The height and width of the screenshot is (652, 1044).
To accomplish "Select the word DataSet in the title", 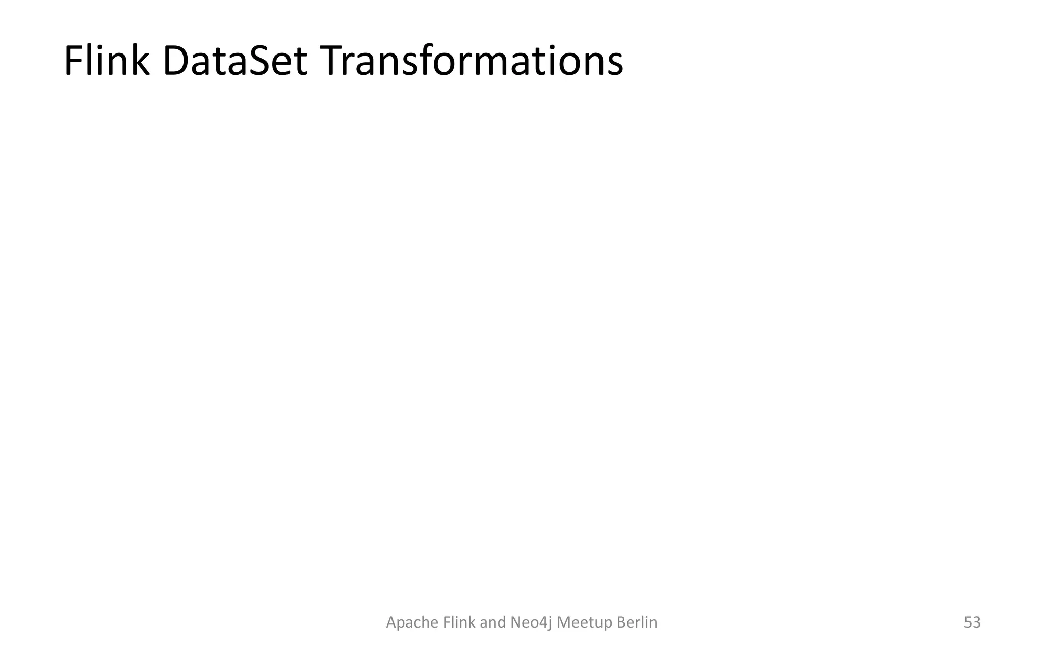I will pyautogui.click(x=235, y=62).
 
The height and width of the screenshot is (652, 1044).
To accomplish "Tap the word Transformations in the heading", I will pyautogui.click(x=473, y=62).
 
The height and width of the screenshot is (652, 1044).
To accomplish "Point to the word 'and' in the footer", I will pyautogui.click(x=493, y=622).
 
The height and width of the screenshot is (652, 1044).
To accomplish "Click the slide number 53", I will pyautogui.click(x=972, y=622).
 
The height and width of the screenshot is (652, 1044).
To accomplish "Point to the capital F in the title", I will pyautogui.click(x=73, y=62).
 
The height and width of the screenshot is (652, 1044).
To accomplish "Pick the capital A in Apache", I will pyautogui.click(x=391, y=622).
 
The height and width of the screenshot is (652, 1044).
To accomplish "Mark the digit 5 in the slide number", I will pyautogui.click(x=968, y=622).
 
